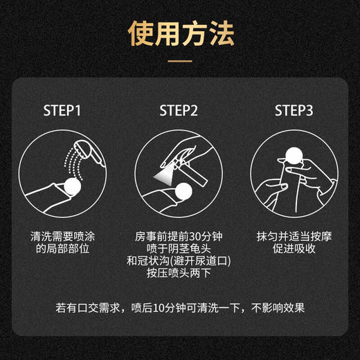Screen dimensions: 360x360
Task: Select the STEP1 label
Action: pos(62,111)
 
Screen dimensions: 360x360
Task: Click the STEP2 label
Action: pos(179,111)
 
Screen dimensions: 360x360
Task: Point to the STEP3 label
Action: pos(294,111)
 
